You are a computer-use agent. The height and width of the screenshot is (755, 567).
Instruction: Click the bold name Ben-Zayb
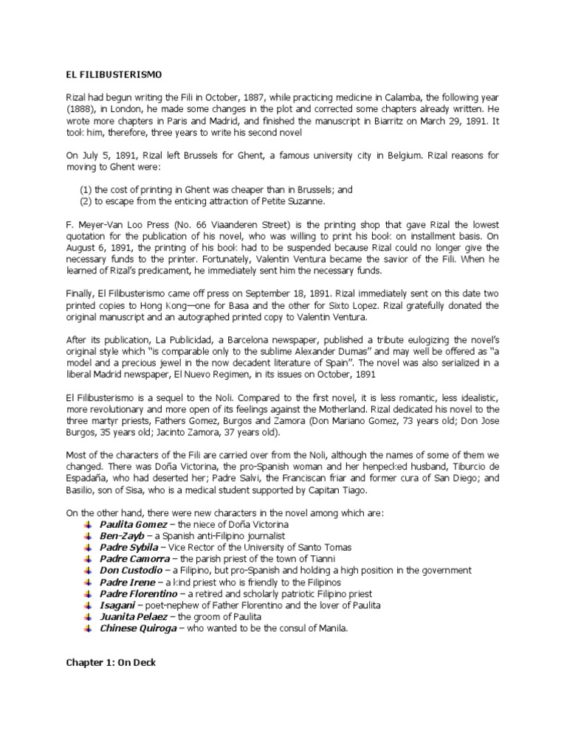click(122, 535)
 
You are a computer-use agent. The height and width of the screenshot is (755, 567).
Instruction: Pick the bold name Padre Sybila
click(129, 547)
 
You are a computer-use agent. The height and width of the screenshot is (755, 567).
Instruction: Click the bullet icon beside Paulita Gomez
click(88, 523)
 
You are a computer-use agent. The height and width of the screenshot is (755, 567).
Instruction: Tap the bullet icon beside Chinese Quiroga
click(88, 628)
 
